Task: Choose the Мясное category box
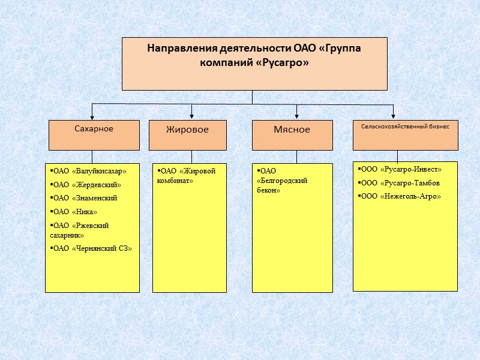tap(292, 135)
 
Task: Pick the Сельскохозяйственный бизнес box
tap(405, 135)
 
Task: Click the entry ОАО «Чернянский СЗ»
tap(91, 248)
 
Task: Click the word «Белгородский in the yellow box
tap(282, 181)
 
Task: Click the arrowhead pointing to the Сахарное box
tap(92, 116)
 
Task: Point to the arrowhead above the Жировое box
tap(191, 116)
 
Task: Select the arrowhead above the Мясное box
tap(296, 116)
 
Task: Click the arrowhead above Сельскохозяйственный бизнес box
tap(394, 116)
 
